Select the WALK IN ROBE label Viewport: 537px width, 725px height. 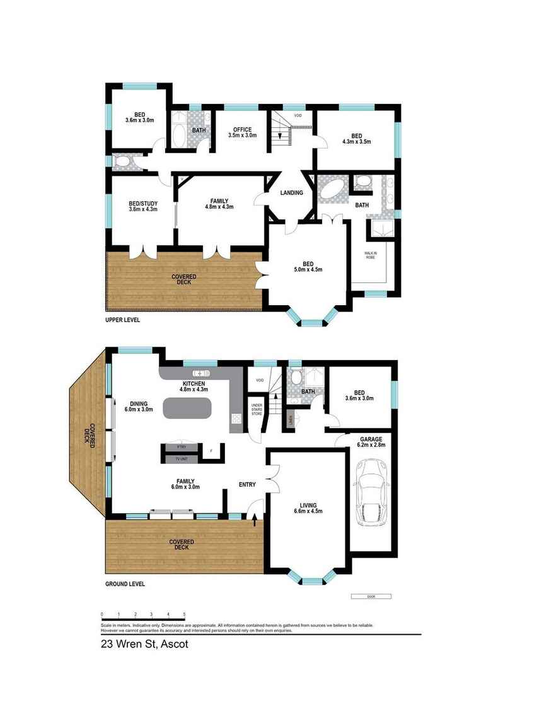point(371,255)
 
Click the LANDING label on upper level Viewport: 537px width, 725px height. point(291,193)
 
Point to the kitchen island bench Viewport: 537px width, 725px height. point(187,409)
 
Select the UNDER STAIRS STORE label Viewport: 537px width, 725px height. point(257,409)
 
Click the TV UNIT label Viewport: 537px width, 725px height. point(182,459)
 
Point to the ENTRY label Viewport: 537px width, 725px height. point(246,485)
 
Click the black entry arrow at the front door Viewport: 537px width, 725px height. point(255,520)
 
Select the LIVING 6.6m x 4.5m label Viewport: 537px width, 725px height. point(308,508)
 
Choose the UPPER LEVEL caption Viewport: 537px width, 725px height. point(123,320)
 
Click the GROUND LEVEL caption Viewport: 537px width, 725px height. point(125,584)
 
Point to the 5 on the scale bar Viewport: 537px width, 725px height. point(184,613)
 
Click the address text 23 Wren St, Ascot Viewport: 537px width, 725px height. point(144,644)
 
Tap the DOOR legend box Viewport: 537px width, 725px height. point(371,596)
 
